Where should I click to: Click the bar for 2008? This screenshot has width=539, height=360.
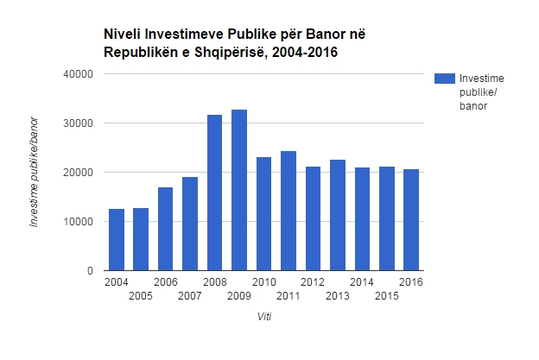214,193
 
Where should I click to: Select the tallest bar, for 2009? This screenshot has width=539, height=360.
239,190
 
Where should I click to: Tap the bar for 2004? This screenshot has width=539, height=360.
116,239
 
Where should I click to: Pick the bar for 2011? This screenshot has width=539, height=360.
289,211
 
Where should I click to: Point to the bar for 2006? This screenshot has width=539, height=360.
165,229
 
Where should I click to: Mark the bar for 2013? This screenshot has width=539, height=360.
338,215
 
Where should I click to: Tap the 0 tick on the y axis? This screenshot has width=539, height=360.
89,271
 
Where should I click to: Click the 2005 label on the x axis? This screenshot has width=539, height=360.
141,297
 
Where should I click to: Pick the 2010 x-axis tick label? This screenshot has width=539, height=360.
263,282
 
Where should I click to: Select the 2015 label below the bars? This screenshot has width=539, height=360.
386,297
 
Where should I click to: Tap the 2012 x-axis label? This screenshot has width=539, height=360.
313,282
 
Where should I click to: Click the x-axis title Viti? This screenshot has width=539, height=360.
263,317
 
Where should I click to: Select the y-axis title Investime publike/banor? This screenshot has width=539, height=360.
35,173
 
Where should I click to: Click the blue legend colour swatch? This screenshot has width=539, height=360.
444,79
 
